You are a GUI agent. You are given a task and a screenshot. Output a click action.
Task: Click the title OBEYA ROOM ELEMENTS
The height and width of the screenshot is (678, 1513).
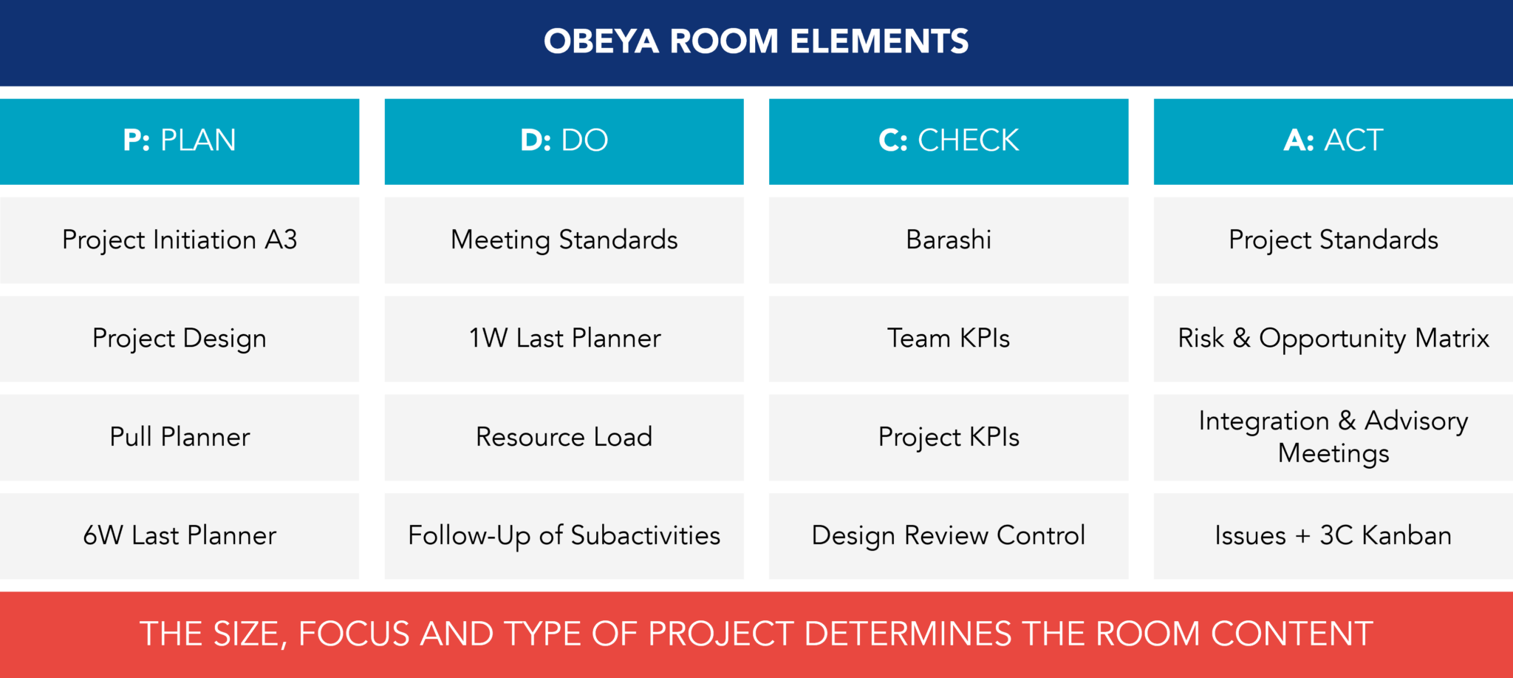756,41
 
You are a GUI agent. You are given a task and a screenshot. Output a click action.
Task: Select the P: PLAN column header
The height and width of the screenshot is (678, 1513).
180,140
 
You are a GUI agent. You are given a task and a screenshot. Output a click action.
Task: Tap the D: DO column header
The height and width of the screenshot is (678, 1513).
564,140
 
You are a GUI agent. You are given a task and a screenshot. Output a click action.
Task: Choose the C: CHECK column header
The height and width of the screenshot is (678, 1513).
949,140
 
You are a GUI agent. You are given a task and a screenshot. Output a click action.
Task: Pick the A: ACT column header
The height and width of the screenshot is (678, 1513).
1333,140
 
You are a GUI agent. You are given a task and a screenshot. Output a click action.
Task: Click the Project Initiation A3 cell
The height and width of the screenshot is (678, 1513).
180,240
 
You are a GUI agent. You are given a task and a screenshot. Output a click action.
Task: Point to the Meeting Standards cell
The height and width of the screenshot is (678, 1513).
564,240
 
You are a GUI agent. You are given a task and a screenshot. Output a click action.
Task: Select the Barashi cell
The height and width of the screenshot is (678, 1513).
949,240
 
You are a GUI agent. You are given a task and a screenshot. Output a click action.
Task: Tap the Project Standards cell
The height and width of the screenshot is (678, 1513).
1333,240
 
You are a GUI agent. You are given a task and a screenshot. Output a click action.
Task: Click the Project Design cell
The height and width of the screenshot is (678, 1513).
180,339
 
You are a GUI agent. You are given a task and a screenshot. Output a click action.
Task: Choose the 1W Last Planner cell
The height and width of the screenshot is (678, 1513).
564,339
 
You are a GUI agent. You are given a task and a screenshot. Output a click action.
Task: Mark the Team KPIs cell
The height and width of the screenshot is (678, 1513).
949,339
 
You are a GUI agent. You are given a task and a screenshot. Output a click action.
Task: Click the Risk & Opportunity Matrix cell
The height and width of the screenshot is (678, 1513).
1333,339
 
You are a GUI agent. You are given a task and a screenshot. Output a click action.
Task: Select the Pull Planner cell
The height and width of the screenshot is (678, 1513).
180,437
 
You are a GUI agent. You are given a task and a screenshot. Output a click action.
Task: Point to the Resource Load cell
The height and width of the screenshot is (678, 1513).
564,437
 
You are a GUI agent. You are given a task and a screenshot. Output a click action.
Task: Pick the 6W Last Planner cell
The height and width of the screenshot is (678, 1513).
180,535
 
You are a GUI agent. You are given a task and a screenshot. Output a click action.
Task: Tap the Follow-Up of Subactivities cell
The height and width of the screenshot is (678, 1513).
564,535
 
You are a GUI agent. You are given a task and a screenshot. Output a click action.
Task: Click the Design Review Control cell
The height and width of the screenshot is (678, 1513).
949,535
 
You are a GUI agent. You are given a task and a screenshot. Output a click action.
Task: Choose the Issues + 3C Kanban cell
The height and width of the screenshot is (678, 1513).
1333,535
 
